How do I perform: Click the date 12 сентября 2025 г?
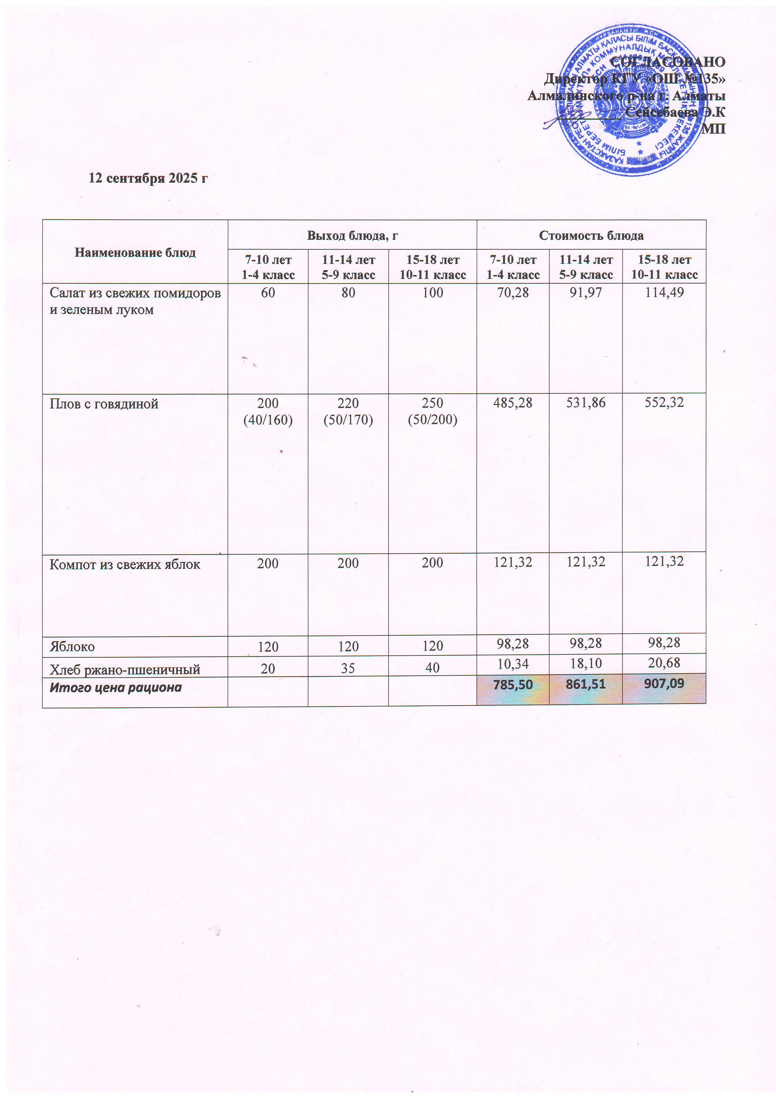click(x=148, y=178)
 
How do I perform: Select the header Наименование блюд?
click(x=135, y=253)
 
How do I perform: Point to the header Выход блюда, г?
click(x=352, y=235)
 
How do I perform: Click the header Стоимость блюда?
click(x=591, y=235)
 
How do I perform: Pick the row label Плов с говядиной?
click(x=104, y=404)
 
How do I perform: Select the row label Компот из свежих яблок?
click(x=125, y=564)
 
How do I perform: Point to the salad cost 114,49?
click(x=664, y=293)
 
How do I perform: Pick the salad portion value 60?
click(x=268, y=293)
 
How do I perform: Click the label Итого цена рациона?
click(x=116, y=688)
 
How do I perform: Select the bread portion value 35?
click(x=348, y=668)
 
